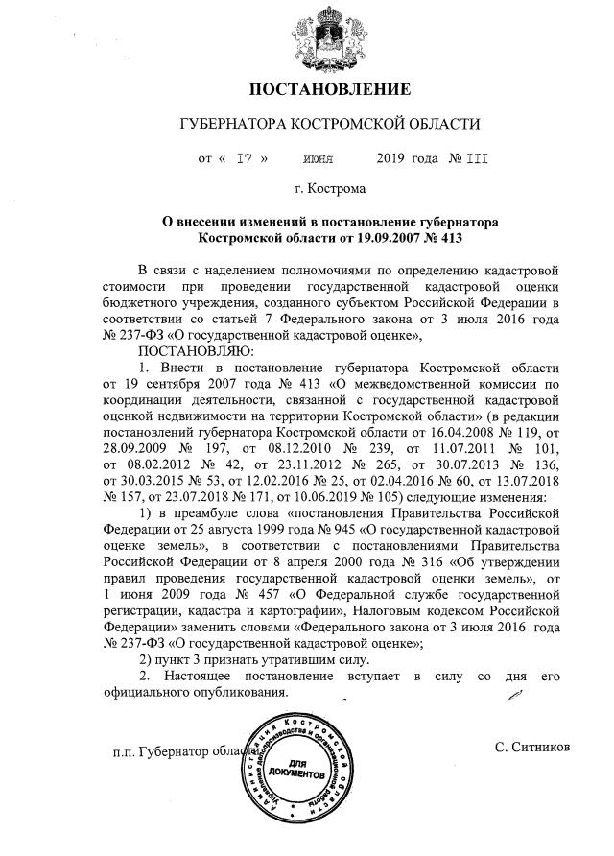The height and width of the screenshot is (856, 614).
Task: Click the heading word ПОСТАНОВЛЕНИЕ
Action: click(x=330, y=90)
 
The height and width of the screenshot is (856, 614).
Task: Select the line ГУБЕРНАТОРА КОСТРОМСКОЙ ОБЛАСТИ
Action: click(x=330, y=125)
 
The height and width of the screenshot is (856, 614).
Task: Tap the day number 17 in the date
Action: click(x=245, y=158)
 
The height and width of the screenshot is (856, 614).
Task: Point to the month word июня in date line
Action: click(x=318, y=158)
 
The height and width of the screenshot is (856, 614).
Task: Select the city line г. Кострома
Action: click(x=330, y=191)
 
